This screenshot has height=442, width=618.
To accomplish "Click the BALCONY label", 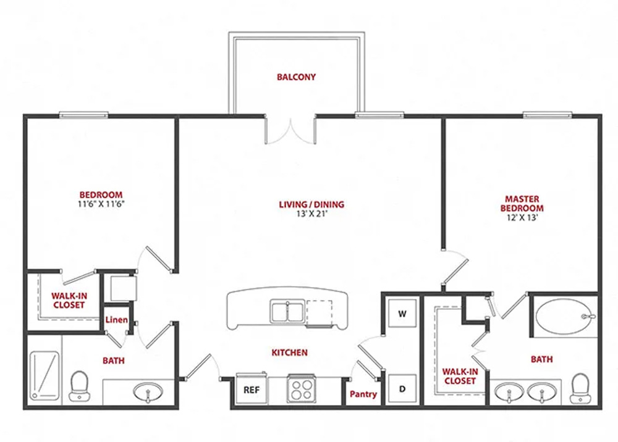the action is click(297, 77).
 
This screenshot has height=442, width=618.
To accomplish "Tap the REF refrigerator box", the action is click(252, 389).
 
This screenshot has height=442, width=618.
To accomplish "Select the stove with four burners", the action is click(301, 389).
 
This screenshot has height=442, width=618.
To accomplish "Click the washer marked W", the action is click(402, 314).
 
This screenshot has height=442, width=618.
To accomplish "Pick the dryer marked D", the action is click(402, 389).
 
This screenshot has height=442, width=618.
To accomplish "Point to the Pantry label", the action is click(363, 394).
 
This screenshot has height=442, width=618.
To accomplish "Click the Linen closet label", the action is click(116, 320).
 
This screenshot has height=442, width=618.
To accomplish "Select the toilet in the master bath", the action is click(580, 388).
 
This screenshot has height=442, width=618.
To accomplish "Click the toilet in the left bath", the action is click(79, 386).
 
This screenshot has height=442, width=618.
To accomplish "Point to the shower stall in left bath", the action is click(44, 375).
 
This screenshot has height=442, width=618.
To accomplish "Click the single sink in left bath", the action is click(148, 392).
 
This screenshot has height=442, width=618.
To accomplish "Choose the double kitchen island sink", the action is click(287, 311).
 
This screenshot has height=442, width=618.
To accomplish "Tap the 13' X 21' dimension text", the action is click(312, 214).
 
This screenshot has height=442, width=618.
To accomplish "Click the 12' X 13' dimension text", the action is click(522, 217).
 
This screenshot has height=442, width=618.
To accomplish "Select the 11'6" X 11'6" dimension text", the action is click(101, 204).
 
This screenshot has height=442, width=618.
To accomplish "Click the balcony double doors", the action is click(291, 130).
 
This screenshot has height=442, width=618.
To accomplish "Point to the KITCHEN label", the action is click(289, 352).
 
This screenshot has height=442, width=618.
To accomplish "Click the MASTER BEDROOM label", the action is click(522, 204).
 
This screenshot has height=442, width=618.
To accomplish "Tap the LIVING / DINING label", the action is click(311, 204).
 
